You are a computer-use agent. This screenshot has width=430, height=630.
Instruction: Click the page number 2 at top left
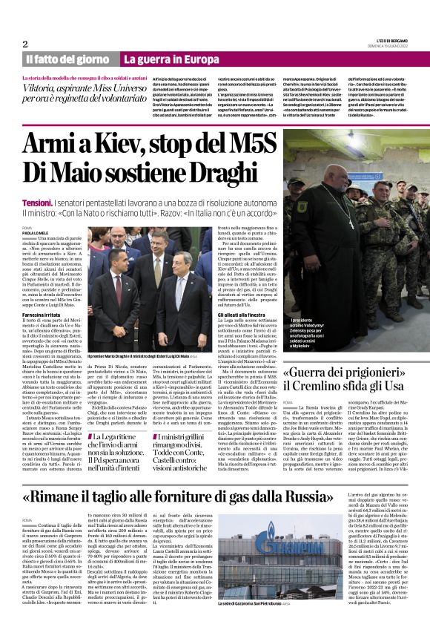pos(25,44)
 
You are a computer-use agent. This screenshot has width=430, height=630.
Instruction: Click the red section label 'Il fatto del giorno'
pos(68,59)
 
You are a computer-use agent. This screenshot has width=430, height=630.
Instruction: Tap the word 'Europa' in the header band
pos(198,59)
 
